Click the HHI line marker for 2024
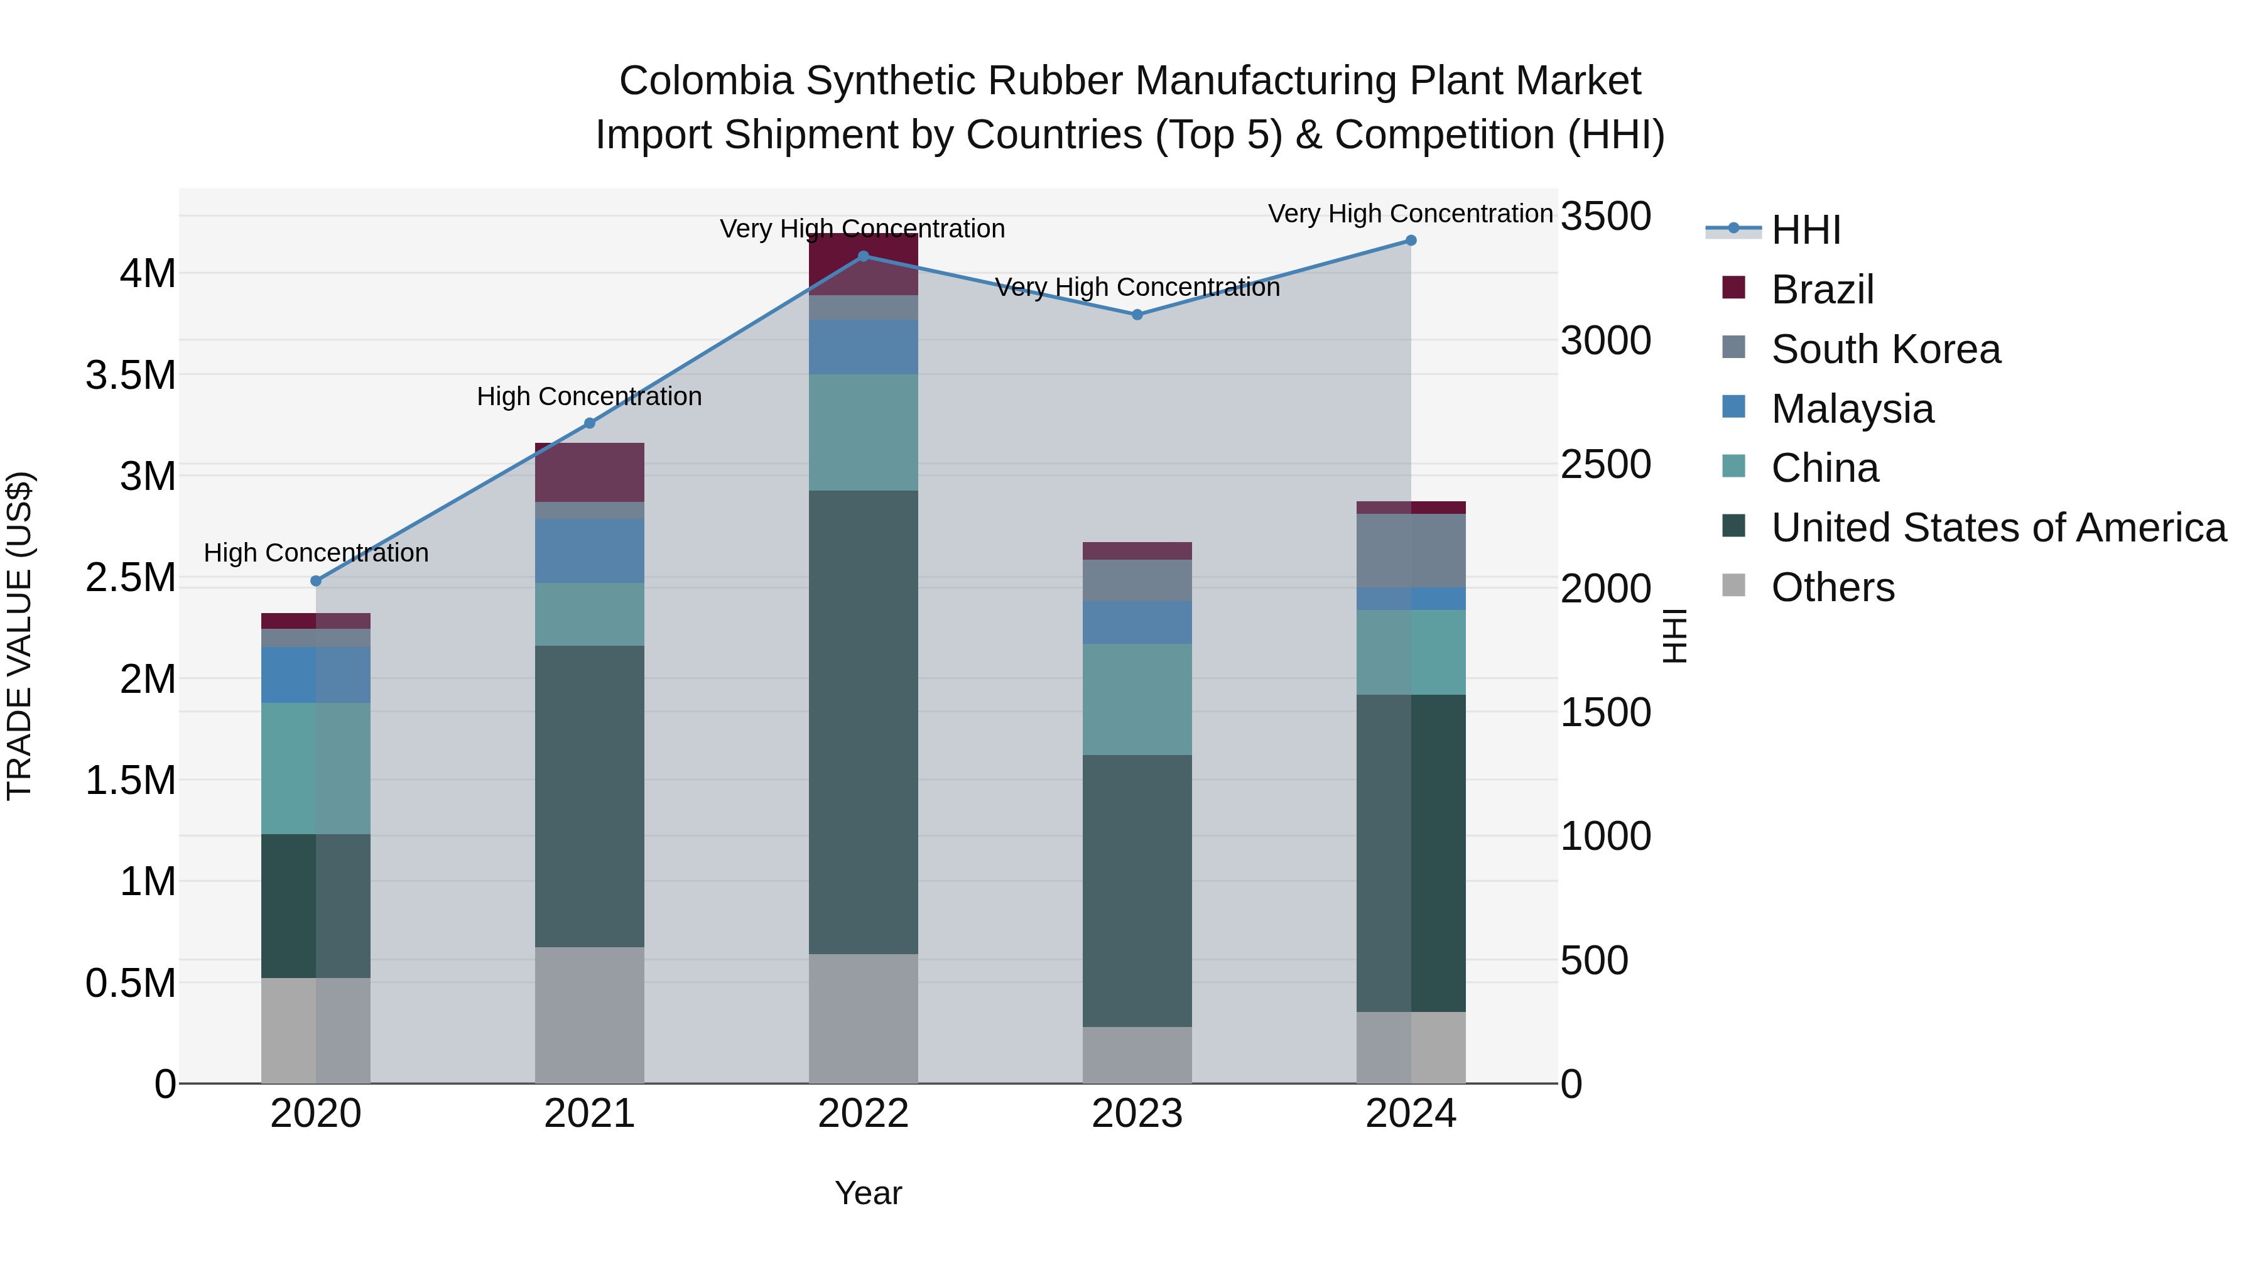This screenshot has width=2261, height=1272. pos(1411,241)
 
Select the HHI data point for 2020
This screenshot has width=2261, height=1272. pos(316,580)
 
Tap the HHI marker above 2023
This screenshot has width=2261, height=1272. pos(1137,314)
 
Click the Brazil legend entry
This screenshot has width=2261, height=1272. pos(1821,290)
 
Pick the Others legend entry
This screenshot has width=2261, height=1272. pos(1832,587)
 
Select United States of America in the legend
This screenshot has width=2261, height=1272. pos(1998,528)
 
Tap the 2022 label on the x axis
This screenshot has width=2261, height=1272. pos(863,1114)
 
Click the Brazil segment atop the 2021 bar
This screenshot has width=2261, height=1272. pos(589,472)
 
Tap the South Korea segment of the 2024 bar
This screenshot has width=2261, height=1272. pos(1411,550)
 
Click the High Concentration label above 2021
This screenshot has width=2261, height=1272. pos(589,397)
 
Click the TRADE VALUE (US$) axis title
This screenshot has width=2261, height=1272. pos(19,636)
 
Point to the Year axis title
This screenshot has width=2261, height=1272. pos(868,1193)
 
